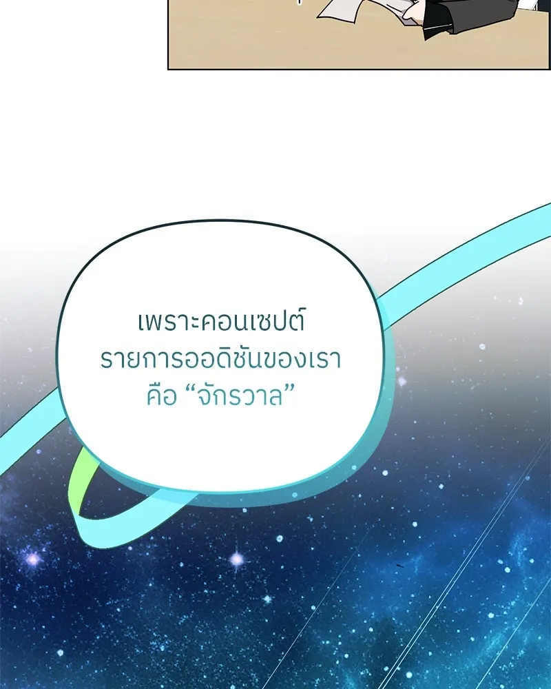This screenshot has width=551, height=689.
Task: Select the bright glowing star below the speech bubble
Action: pyautogui.click(x=236, y=560)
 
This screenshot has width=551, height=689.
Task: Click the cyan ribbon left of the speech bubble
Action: pyautogui.click(x=28, y=448)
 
